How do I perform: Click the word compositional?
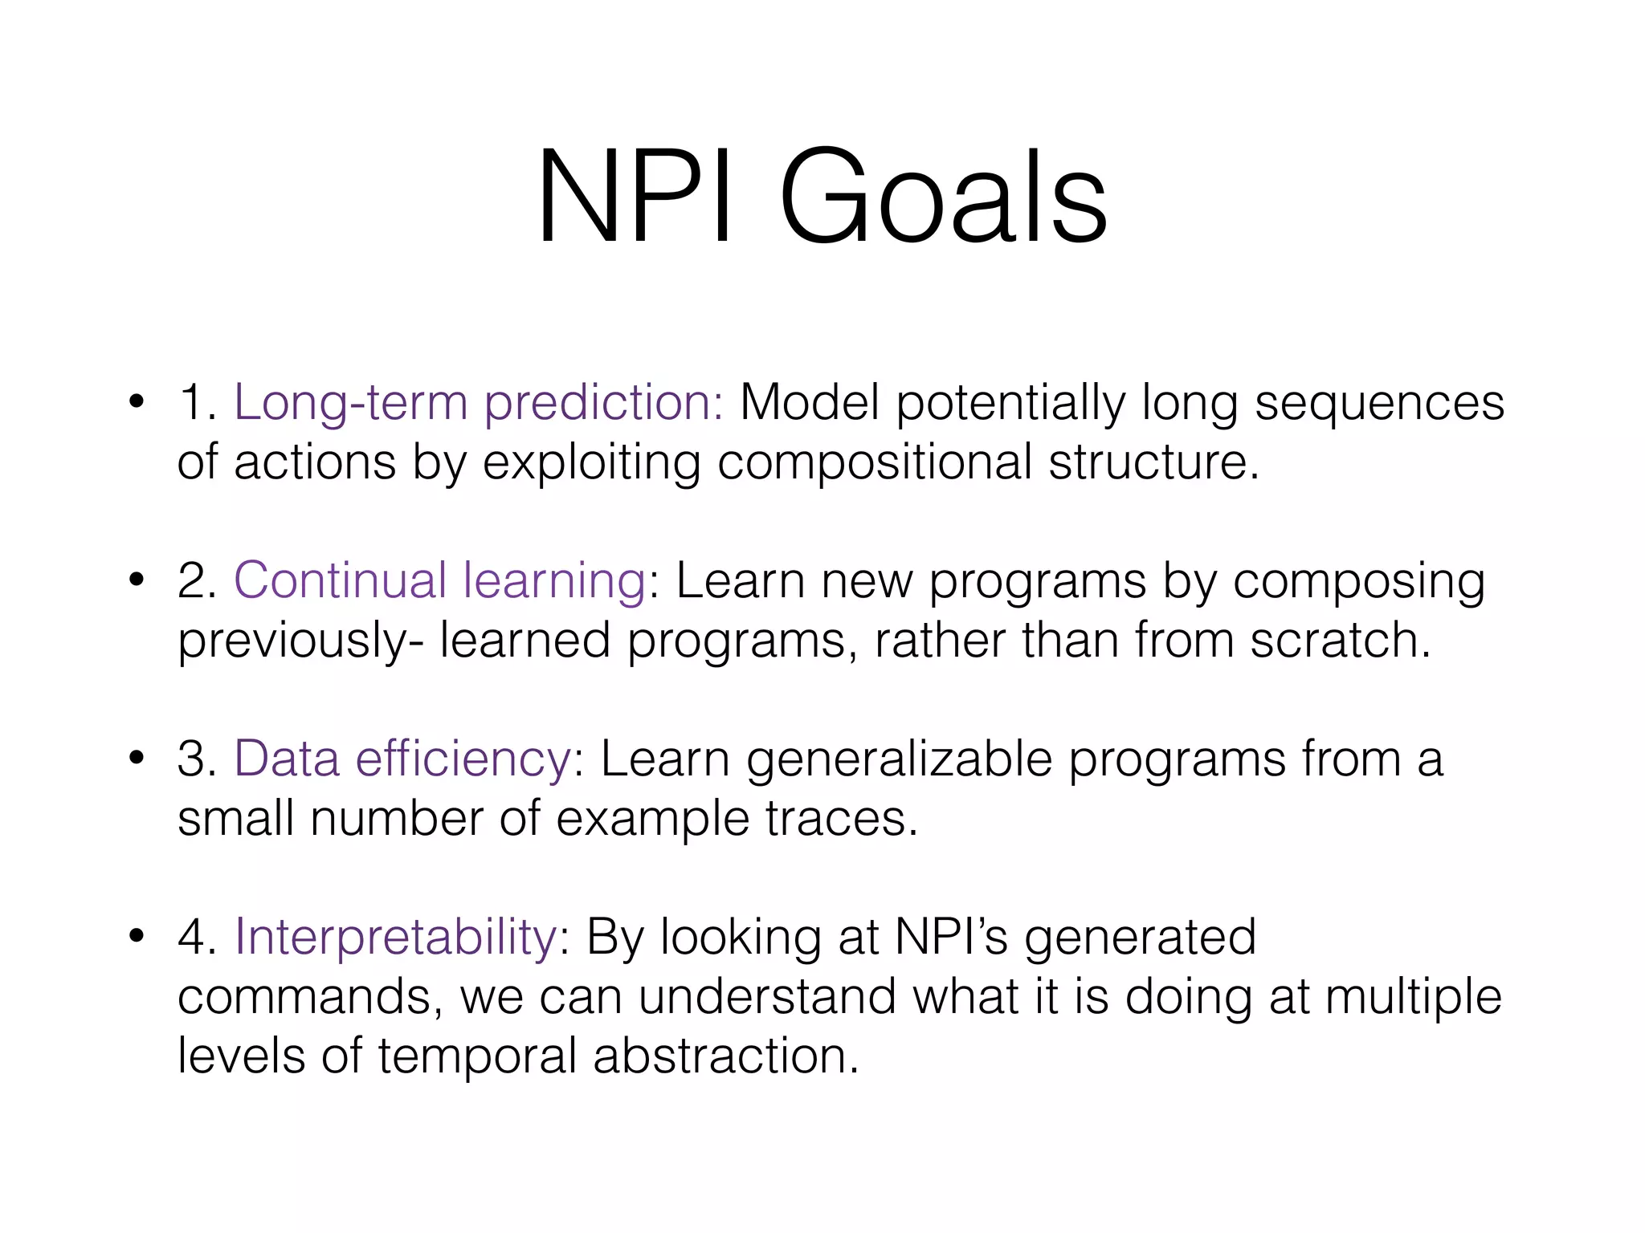tap(874, 462)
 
